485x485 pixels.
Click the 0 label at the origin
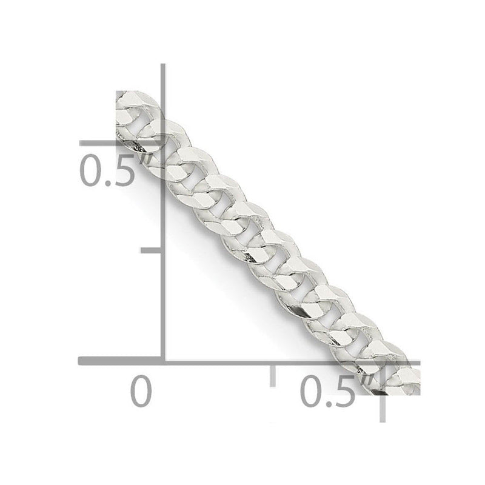(141, 392)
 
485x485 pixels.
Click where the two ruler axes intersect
(163, 361)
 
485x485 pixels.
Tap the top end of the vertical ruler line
(163, 65)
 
